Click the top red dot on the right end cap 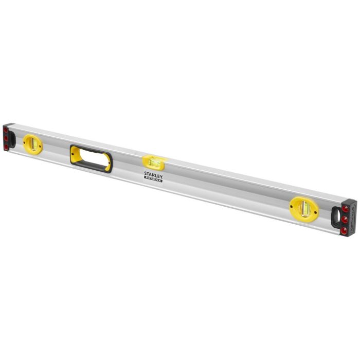tap(346, 208)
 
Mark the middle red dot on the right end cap tap(346, 217)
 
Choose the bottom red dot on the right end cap tap(346, 225)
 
